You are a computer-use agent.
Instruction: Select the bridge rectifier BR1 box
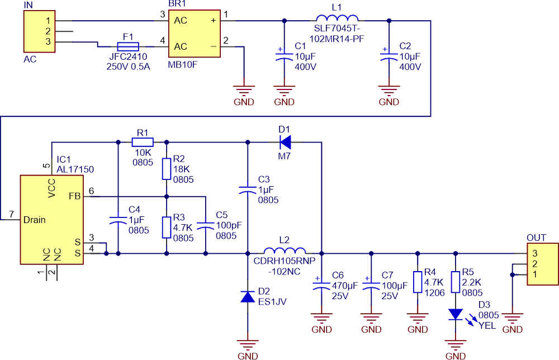(x=194, y=34)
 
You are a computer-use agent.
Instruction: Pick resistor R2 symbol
(x=166, y=169)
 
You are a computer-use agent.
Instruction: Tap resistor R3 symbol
(x=166, y=228)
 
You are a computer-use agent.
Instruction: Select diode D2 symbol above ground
(x=247, y=296)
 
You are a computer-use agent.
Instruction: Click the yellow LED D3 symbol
(x=456, y=314)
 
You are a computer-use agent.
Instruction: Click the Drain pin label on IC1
(x=35, y=220)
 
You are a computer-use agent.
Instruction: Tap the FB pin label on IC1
(x=74, y=196)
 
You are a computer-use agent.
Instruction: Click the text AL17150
(x=75, y=168)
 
